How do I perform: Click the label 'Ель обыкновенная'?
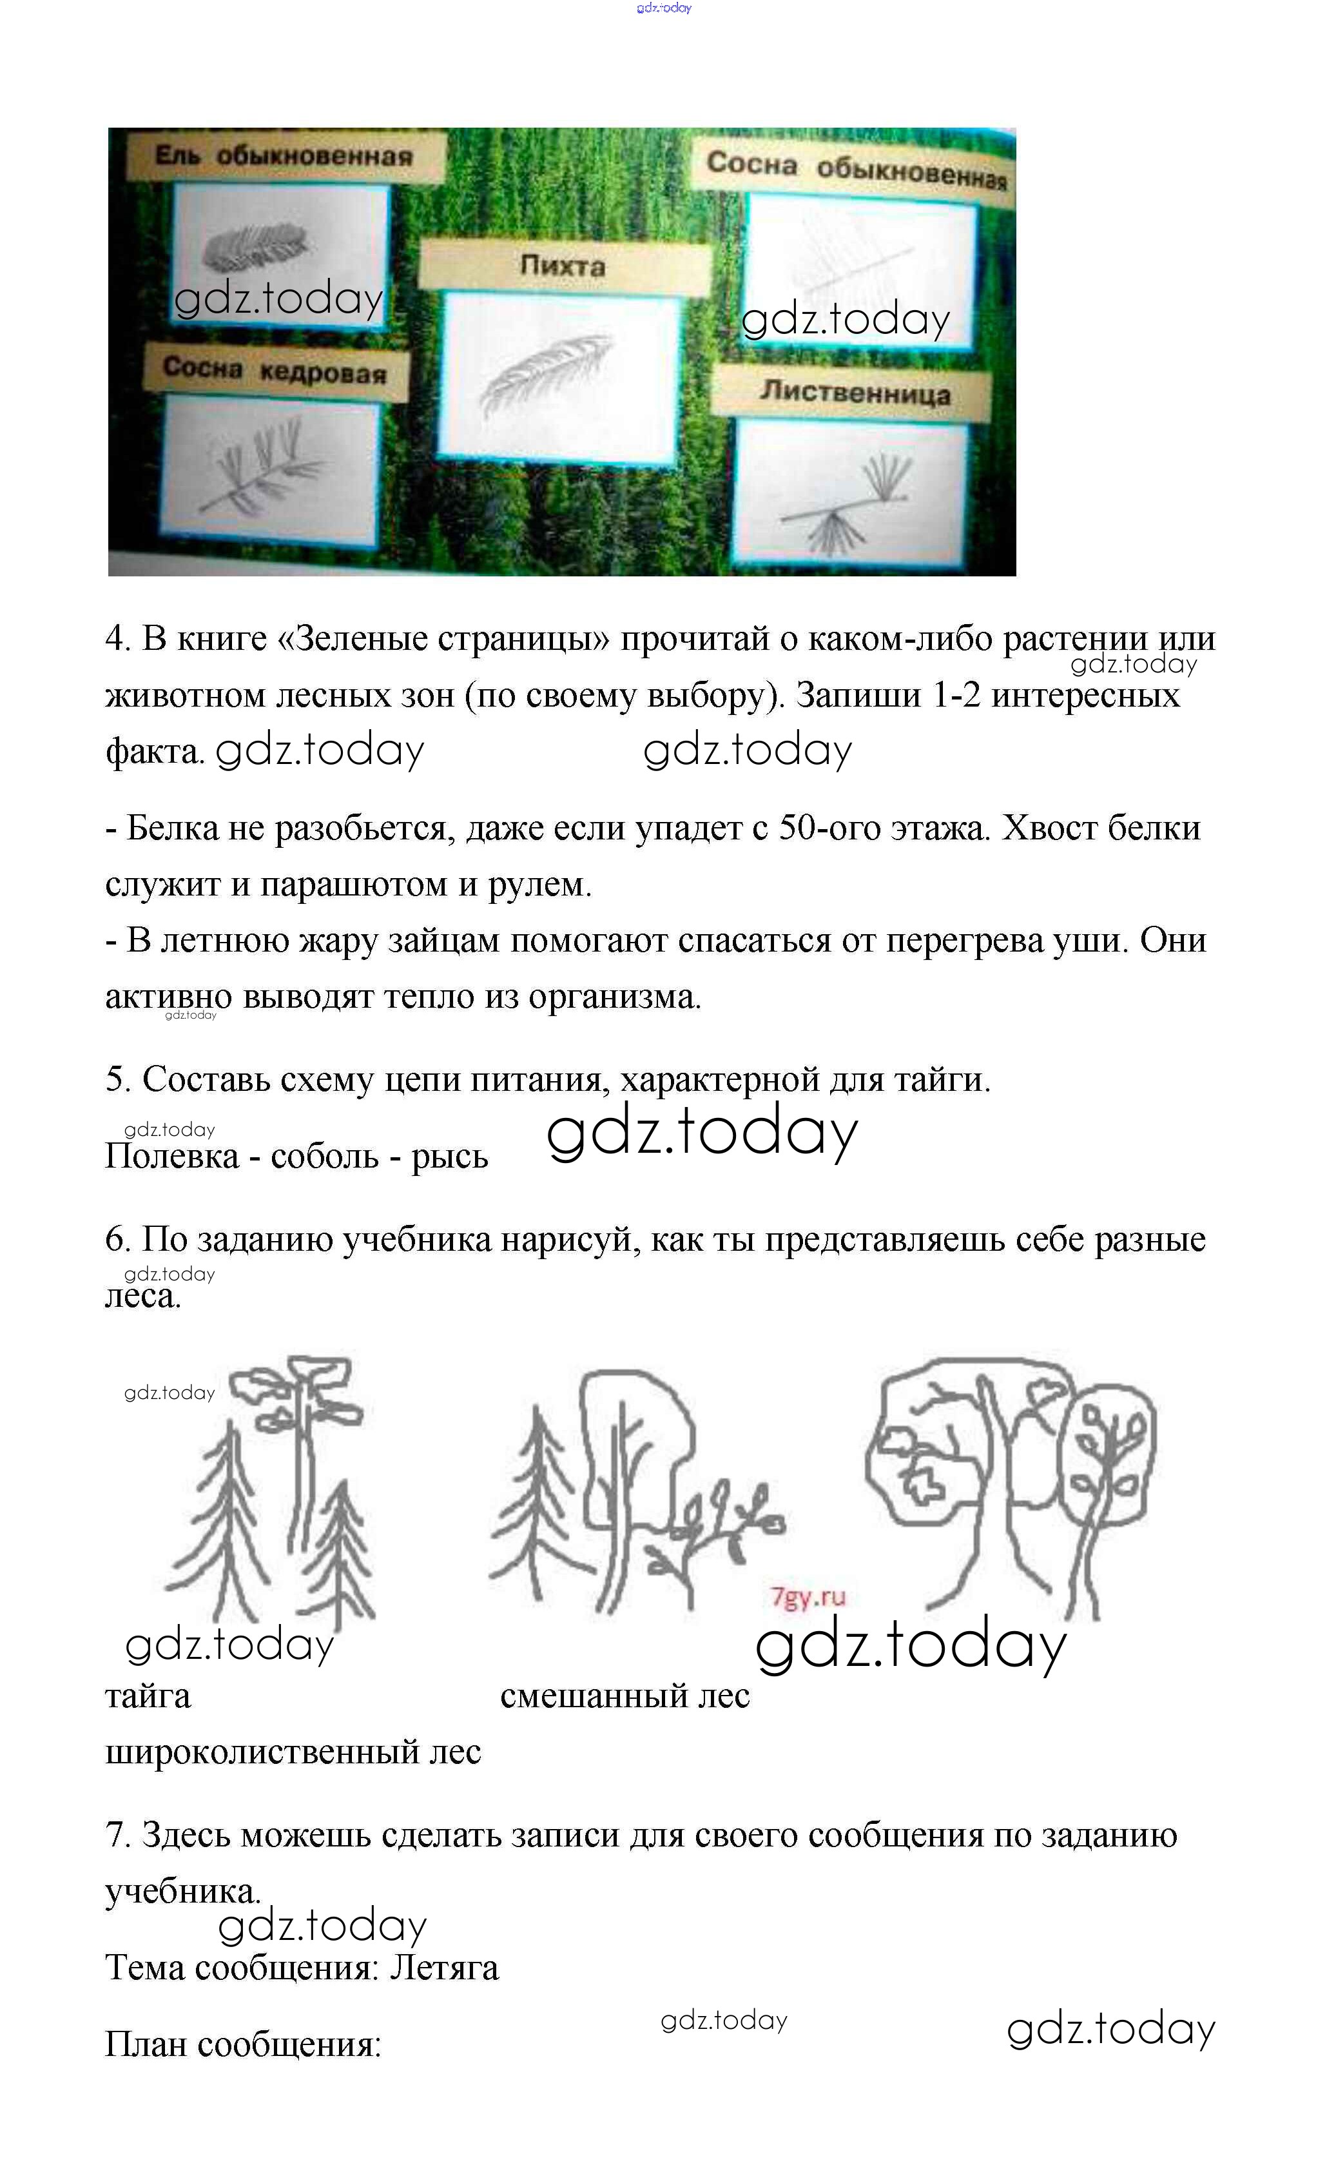284,156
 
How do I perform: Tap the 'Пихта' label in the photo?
563,265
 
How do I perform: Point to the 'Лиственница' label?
854,391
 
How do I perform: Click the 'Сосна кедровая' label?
275,369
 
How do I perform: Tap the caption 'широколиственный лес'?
293,1752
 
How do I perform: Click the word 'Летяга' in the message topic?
445,1968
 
